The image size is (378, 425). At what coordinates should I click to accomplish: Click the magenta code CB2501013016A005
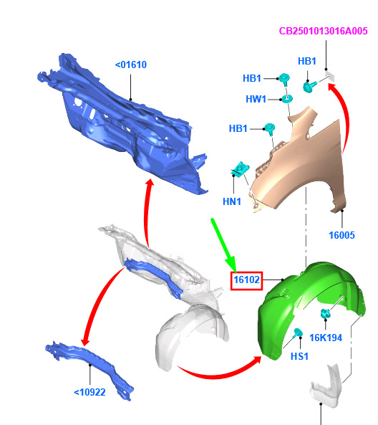[x=323, y=31]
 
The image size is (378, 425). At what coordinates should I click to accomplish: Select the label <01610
[x=131, y=65]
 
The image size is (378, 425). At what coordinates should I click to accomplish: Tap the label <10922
[x=89, y=392]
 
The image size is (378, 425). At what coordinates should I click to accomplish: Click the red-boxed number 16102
[x=246, y=280]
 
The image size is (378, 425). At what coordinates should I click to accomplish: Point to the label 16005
[x=341, y=235]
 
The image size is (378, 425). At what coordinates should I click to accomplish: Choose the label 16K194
[x=326, y=338]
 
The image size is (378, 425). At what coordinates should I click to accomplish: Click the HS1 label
[x=299, y=356]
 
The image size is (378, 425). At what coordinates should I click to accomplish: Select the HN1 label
[x=232, y=201]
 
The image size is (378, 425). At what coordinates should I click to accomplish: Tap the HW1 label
[x=256, y=99]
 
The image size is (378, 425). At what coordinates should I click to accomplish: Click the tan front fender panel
[x=301, y=163]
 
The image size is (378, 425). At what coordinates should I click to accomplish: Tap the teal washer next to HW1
[x=287, y=99]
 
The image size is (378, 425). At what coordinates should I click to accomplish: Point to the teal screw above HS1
[x=297, y=333]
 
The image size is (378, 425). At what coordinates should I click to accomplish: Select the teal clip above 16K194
[x=326, y=314]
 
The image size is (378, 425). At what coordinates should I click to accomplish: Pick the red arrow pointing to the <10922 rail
[x=97, y=304]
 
